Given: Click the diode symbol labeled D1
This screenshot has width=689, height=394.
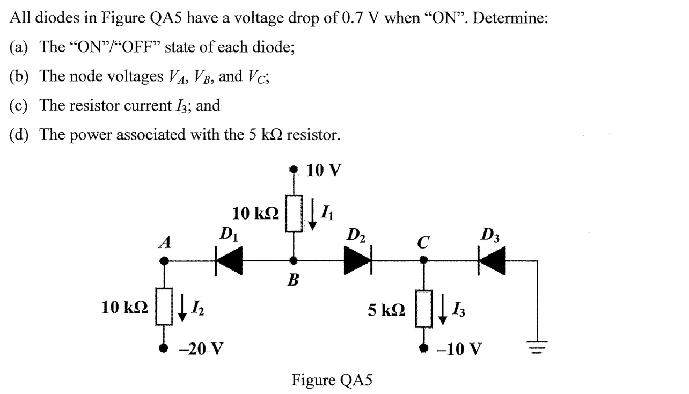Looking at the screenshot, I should (229, 260).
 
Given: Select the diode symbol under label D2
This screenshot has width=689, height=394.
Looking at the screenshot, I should (358, 260).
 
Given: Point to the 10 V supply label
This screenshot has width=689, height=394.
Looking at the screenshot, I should (323, 170).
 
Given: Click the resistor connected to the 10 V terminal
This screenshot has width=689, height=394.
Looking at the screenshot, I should (293, 213).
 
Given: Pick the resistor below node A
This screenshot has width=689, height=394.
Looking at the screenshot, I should (165, 307).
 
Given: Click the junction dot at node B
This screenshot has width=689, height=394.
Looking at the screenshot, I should (293, 260).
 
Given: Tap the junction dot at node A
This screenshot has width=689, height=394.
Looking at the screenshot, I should (165, 260).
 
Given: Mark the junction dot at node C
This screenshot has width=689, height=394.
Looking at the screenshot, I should (423, 260).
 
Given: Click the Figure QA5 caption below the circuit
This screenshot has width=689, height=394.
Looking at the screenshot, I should (332, 380).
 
